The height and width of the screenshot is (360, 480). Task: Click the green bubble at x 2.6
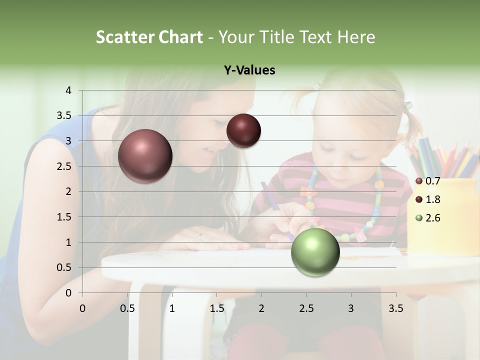(x=315, y=252)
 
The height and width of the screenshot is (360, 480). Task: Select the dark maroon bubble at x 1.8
(x=243, y=130)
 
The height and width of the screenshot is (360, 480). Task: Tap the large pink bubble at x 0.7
(x=145, y=156)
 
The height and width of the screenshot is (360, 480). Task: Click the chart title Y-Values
(x=249, y=70)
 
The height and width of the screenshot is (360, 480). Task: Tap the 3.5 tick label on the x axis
(x=395, y=308)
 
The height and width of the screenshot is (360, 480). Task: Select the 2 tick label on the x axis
(x=261, y=308)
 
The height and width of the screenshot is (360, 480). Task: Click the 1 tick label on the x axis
(x=172, y=308)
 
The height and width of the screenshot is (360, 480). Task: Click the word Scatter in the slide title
(x=124, y=37)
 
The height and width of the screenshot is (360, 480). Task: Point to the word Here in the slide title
(x=355, y=37)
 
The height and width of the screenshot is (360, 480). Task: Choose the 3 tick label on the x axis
(x=350, y=308)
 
